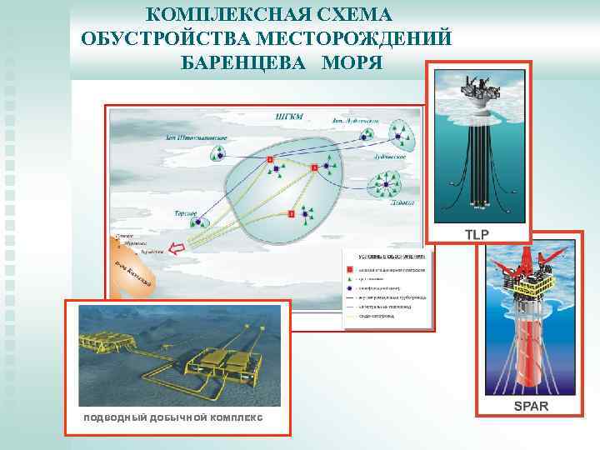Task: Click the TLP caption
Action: tap(477, 234)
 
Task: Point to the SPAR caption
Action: tap(531, 406)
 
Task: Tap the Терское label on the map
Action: tap(185, 214)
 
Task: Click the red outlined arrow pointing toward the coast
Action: tap(176, 247)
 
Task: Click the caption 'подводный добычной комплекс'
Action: tap(171, 417)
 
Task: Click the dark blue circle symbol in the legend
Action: tap(352, 287)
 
